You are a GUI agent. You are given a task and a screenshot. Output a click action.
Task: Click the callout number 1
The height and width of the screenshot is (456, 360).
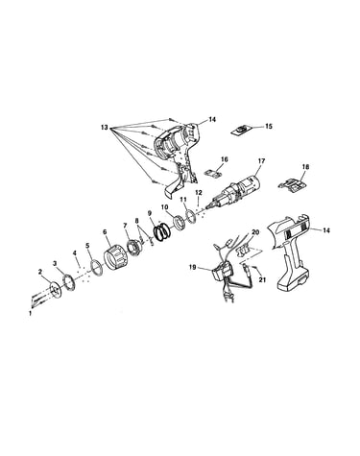pyautogui.click(x=31, y=314)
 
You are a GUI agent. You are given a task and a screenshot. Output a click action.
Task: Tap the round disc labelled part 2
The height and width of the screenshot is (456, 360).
pyautogui.click(x=56, y=289)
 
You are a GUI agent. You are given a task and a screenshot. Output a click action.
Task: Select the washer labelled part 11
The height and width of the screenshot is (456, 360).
pyautogui.click(x=191, y=214)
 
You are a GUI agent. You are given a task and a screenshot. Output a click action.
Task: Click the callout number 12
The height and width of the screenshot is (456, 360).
pyautogui.click(x=199, y=193)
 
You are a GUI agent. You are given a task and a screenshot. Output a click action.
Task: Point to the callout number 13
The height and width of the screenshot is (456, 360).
pyautogui.click(x=105, y=127)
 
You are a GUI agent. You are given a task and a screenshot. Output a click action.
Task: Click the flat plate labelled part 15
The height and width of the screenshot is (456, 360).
pyautogui.click(x=242, y=131)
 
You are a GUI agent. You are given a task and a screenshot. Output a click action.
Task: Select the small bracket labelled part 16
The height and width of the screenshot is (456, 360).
pyautogui.click(x=213, y=173)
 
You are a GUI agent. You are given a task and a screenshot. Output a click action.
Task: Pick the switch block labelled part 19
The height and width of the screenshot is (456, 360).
pyautogui.click(x=223, y=273)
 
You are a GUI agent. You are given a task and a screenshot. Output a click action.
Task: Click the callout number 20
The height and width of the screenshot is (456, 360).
pyautogui.click(x=255, y=232)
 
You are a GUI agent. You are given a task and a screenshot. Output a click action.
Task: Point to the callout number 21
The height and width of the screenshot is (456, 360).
pyautogui.click(x=262, y=279)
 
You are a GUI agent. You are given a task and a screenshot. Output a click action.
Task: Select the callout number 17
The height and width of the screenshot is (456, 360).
pyautogui.click(x=261, y=161)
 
